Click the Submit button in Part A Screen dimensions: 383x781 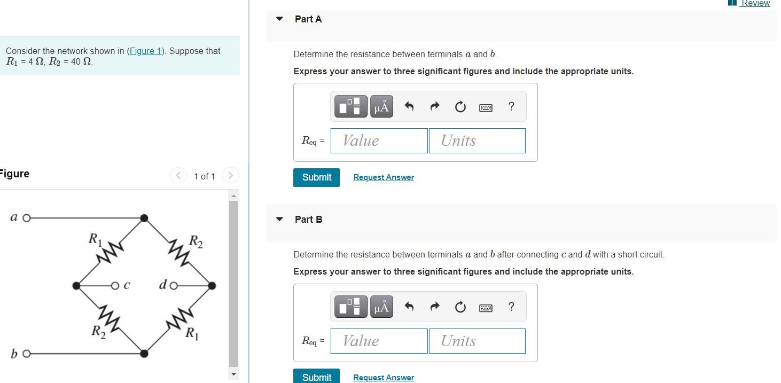click(x=316, y=177)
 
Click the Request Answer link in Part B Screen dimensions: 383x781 click(x=383, y=378)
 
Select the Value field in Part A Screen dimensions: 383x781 click(x=379, y=140)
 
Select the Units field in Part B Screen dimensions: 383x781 click(x=477, y=341)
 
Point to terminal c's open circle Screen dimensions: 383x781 click(x=115, y=286)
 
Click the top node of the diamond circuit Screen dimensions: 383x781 click(x=144, y=218)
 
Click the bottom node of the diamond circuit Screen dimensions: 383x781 click(x=144, y=353)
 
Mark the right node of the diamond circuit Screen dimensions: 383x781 click(x=212, y=286)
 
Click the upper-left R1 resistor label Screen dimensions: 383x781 click(x=95, y=239)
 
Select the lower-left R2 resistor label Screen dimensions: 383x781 click(x=97, y=331)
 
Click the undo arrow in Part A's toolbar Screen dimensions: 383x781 click(x=409, y=107)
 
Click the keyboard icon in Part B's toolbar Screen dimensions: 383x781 click(x=486, y=307)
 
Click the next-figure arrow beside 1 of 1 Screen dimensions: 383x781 click(x=230, y=175)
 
